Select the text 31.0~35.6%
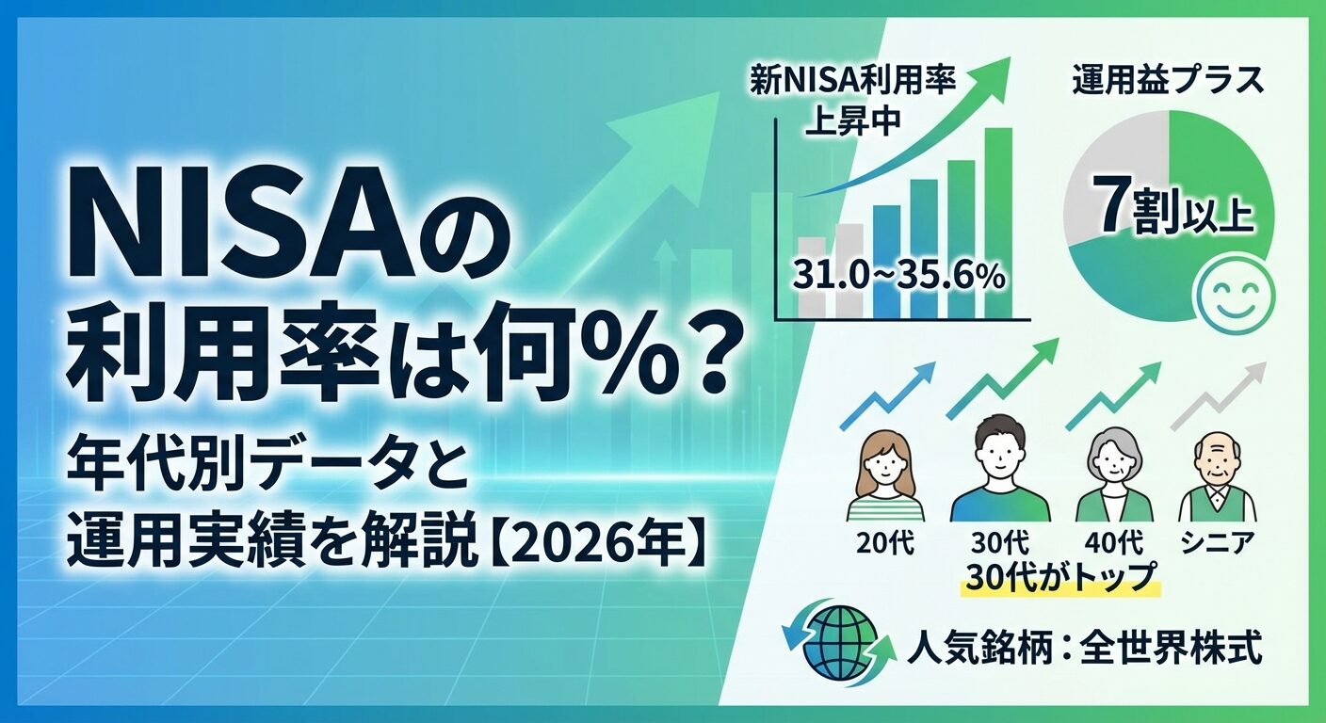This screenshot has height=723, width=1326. tap(898, 276)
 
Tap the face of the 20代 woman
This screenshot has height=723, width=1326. tap(885, 469)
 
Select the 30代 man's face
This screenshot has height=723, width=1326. tap(998, 457)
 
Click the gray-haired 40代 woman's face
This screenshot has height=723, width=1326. tap(1113, 467)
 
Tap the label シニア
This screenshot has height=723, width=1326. tap(1218, 542)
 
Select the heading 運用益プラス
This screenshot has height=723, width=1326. tap(1169, 81)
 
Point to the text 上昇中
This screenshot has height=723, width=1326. tap(853, 121)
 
